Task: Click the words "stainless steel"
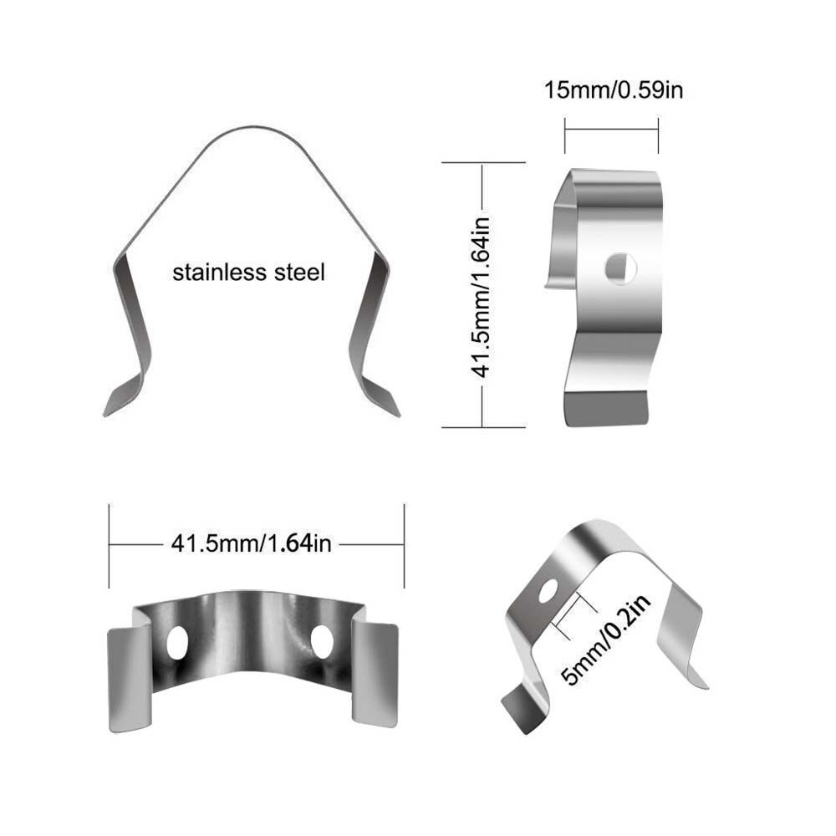click(x=247, y=272)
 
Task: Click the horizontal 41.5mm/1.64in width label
click(x=252, y=543)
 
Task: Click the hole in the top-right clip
click(x=621, y=268)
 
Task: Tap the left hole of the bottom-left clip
click(x=177, y=642)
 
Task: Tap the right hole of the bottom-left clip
click(x=322, y=640)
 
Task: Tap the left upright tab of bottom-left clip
click(x=130, y=677)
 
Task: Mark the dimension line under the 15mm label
click(x=611, y=129)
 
